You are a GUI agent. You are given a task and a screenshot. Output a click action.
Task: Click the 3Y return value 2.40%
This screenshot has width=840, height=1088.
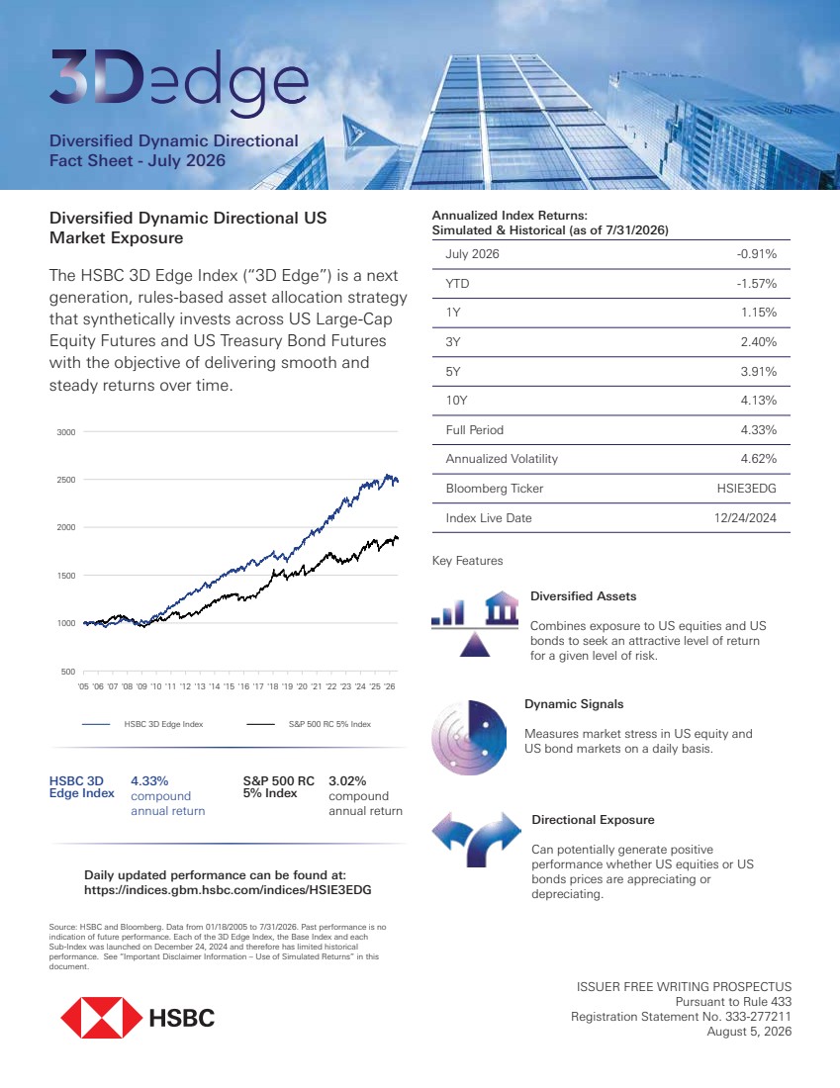point(758,342)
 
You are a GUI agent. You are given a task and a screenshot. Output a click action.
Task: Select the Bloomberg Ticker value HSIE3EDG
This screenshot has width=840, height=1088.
point(746,489)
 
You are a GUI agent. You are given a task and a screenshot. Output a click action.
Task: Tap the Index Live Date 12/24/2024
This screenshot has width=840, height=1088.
point(745,517)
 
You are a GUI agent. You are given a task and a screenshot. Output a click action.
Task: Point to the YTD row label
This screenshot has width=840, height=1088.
point(457,284)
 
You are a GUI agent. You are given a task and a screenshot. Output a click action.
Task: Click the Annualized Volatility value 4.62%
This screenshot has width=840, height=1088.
point(758,459)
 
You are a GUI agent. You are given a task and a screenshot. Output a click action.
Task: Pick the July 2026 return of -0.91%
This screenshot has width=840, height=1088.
point(757,254)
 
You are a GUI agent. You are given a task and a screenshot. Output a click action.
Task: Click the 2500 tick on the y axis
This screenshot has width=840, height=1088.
point(66,480)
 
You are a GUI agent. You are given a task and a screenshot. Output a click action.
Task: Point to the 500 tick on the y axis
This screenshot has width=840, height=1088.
point(68,672)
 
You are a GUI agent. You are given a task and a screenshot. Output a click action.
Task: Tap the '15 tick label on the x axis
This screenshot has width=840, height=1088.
point(230,686)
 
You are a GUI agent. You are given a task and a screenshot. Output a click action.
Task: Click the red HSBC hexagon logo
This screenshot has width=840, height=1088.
point(101,1018)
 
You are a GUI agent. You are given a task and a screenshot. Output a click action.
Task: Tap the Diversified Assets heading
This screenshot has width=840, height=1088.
point(583,596)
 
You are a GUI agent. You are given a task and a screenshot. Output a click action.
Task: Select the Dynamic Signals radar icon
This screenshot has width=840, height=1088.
point(469,738)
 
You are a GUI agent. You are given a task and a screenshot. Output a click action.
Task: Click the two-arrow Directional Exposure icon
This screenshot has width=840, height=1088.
point(476,840)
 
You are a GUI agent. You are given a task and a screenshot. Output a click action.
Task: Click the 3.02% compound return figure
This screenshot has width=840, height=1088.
point(347,781)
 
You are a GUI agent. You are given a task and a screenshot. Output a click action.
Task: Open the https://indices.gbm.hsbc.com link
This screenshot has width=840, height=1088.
point(228,890)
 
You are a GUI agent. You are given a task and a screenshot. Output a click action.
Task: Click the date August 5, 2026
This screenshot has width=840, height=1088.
point(749,1032)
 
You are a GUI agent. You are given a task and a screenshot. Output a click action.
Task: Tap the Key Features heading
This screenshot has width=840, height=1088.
point(467,561)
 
